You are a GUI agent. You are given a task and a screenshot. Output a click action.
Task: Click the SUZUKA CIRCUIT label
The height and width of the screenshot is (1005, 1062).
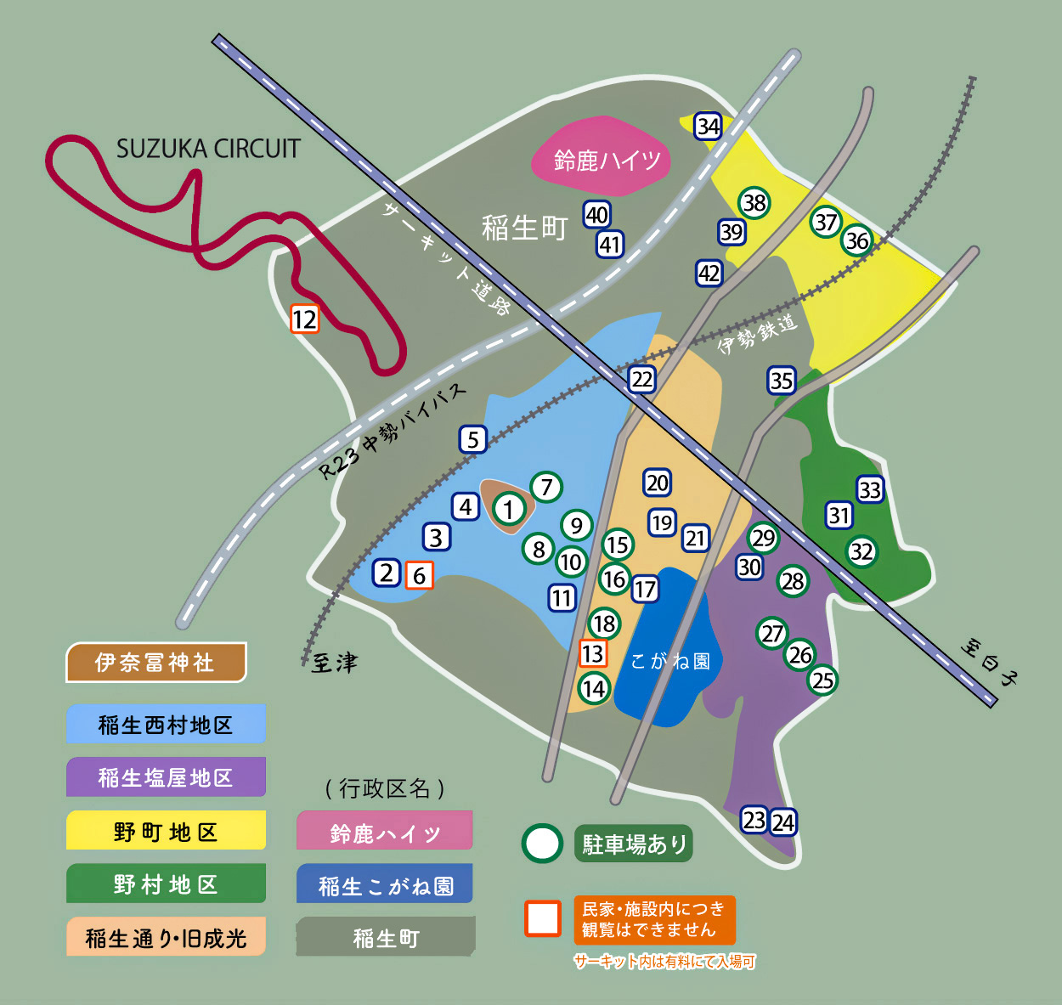(208, 149)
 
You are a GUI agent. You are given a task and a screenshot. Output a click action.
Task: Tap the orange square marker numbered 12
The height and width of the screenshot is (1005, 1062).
(304, 319)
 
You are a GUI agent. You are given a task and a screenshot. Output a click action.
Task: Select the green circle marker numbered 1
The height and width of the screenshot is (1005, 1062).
(509, 509)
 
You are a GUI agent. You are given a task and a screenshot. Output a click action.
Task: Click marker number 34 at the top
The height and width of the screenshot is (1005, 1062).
(708, 126)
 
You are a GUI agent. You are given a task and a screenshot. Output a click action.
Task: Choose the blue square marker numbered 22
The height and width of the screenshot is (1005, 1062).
(641, 380)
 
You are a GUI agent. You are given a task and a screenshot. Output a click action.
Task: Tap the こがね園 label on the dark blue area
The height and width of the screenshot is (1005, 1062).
(670, 661)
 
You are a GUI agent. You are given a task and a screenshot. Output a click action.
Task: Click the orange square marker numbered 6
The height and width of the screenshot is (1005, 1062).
(419, 575)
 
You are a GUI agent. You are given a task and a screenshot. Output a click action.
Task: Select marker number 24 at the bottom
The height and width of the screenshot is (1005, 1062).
(783, 822)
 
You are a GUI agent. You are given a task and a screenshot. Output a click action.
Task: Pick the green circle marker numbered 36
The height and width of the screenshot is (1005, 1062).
(856, 240)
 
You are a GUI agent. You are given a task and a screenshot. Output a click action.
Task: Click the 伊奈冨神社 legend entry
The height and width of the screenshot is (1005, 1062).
(155, 663)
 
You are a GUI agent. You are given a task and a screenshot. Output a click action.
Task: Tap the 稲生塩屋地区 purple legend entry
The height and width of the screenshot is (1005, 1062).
(166, 777)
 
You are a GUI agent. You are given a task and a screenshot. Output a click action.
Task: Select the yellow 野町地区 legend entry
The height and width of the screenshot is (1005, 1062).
(166, 831)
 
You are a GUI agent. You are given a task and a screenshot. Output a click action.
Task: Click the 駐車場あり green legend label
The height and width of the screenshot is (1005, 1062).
(634, 844)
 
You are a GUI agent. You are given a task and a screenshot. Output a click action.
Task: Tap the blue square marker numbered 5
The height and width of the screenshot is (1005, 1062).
(473, 439)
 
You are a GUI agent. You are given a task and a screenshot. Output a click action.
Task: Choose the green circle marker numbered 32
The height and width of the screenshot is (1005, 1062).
(861, 551)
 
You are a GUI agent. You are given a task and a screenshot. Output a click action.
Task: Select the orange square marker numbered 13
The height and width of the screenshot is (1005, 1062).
(592, 653)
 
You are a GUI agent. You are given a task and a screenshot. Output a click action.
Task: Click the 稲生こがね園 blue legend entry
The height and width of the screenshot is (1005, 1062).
(385, 885)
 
